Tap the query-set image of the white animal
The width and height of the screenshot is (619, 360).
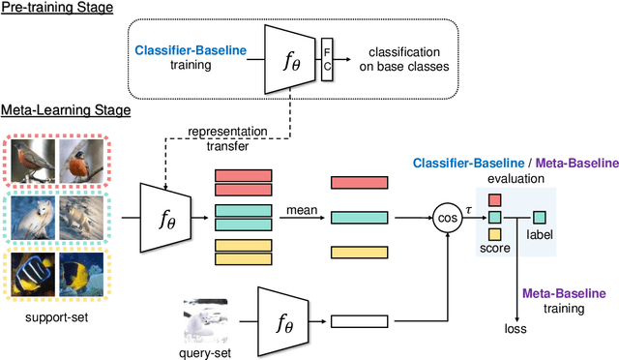point(206,321)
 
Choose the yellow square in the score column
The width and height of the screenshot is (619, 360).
point(494,233)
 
